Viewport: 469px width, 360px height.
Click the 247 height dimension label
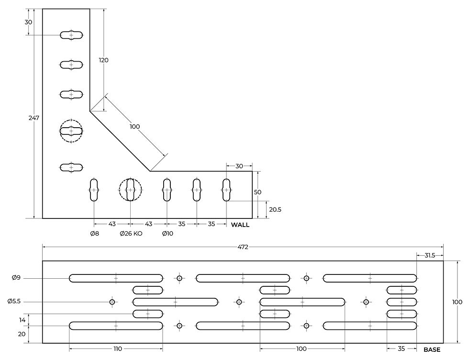34,118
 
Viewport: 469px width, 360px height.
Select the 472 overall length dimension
243,247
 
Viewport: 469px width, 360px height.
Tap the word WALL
240,225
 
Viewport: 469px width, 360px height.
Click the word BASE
432,349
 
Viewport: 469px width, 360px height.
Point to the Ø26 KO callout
131,234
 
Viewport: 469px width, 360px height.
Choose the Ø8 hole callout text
95,234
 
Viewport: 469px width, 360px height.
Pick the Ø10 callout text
167,234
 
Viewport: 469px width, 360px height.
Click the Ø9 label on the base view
16,278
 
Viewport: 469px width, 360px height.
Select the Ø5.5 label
14,302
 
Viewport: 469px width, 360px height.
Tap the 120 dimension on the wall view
103,60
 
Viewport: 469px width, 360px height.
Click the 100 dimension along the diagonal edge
134,127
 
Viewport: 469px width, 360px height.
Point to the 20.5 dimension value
275,210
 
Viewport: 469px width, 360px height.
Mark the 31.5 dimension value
430,255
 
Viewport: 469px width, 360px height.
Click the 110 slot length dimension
118,349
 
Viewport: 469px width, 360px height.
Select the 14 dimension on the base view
22,320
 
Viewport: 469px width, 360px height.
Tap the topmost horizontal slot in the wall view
71,35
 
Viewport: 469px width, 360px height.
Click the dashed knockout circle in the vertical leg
71,120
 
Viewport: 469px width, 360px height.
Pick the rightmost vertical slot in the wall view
226,190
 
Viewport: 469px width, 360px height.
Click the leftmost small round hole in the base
112,302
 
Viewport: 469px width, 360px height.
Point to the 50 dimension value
257,192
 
